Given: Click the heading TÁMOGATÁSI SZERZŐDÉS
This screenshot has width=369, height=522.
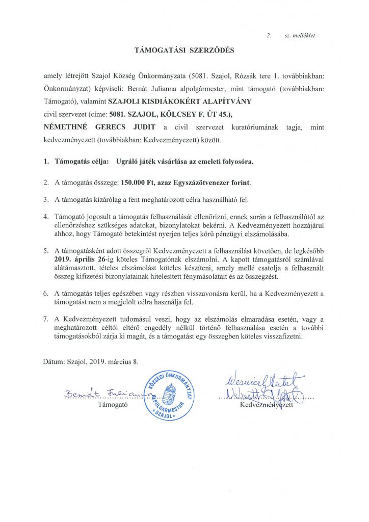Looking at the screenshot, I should click(184, 50).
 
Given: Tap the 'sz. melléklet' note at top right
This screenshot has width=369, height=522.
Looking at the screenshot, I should click(299, 36).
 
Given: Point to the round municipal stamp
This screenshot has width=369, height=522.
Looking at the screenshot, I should click(168, 395).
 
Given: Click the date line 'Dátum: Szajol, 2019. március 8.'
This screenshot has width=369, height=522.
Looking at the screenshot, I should click(91, 361).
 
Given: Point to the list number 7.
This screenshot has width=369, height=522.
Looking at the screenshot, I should click(46, 319).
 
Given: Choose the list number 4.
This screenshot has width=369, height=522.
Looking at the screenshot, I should click(46, 216).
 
